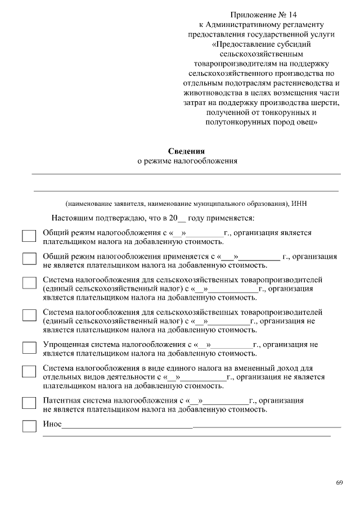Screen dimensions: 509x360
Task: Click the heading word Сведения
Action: coord(187,151)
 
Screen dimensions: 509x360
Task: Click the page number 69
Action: coord(339,483)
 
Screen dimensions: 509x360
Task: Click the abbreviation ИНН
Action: coord(299,204)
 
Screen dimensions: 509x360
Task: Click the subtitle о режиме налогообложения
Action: coord(187,161)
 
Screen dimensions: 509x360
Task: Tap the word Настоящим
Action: coord(71,217)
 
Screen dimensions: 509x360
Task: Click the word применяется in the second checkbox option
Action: coord(184,256)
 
